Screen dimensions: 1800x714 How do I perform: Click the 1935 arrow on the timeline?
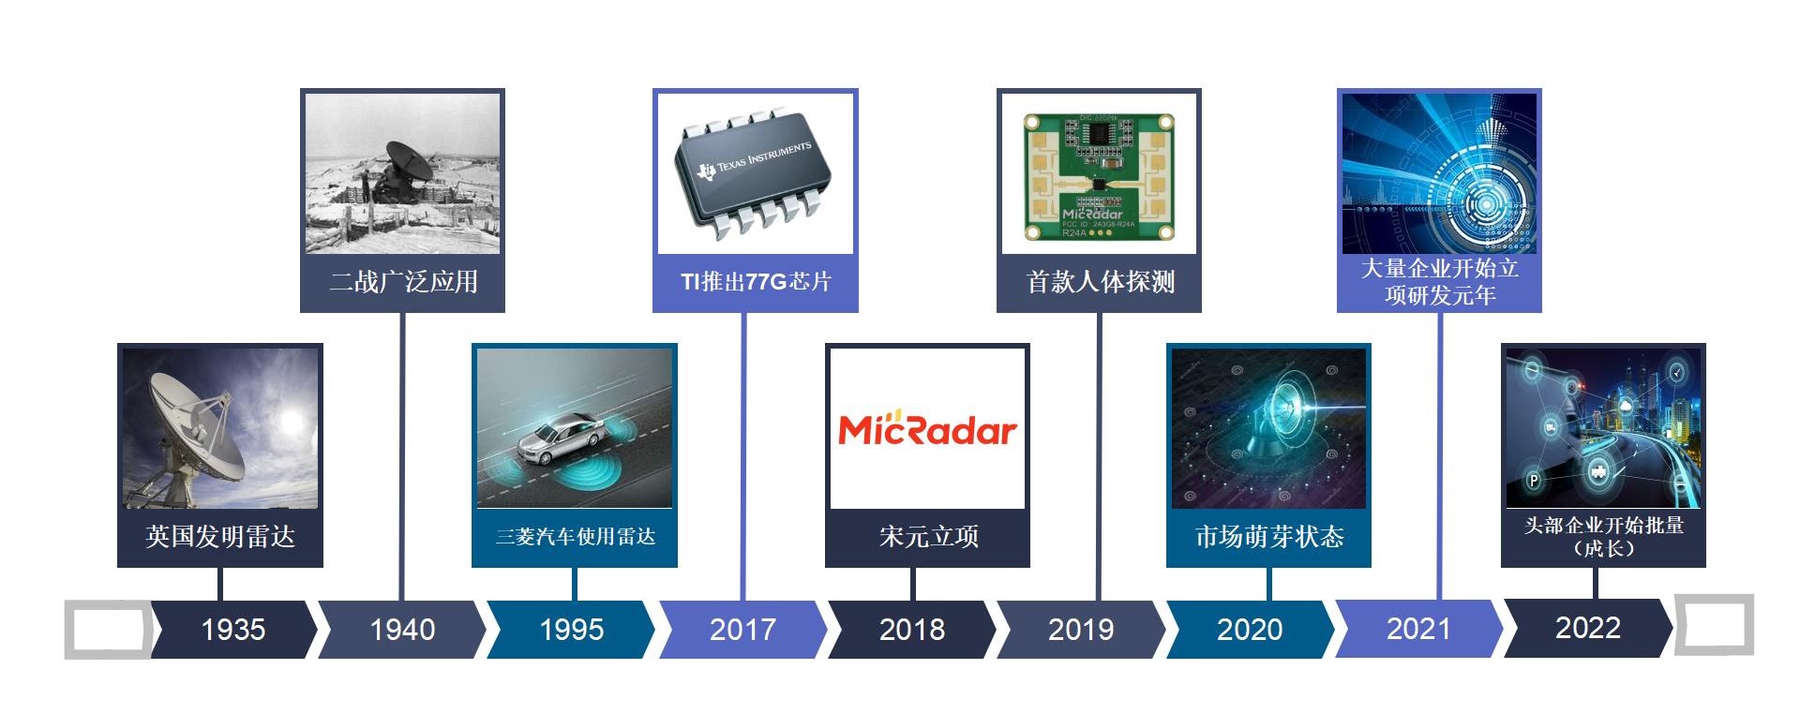coord(233,630)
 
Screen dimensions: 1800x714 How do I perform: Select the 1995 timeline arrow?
coord(571,630)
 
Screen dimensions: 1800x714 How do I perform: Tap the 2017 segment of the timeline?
coord(742,630)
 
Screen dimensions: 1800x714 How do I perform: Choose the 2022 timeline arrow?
coord(1587,628)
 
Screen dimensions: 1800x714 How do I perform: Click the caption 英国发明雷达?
coord(220,537)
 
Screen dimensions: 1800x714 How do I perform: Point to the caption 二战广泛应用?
coord(403,282)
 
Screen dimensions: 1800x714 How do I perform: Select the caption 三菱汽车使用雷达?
coord(575,537)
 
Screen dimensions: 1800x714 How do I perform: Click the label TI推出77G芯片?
coord(756,282)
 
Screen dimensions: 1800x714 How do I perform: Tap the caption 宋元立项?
coord(928,537)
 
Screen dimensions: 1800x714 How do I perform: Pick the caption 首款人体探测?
coord(1100,282)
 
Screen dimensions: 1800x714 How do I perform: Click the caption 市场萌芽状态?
coord(1269,537)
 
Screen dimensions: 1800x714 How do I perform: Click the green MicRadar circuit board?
coord(1099,176)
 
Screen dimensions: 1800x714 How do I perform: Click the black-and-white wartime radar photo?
coord(403,173)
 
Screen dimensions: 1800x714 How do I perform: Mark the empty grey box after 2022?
coord(1714,624)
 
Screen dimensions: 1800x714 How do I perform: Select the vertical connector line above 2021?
coord(1440,456)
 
